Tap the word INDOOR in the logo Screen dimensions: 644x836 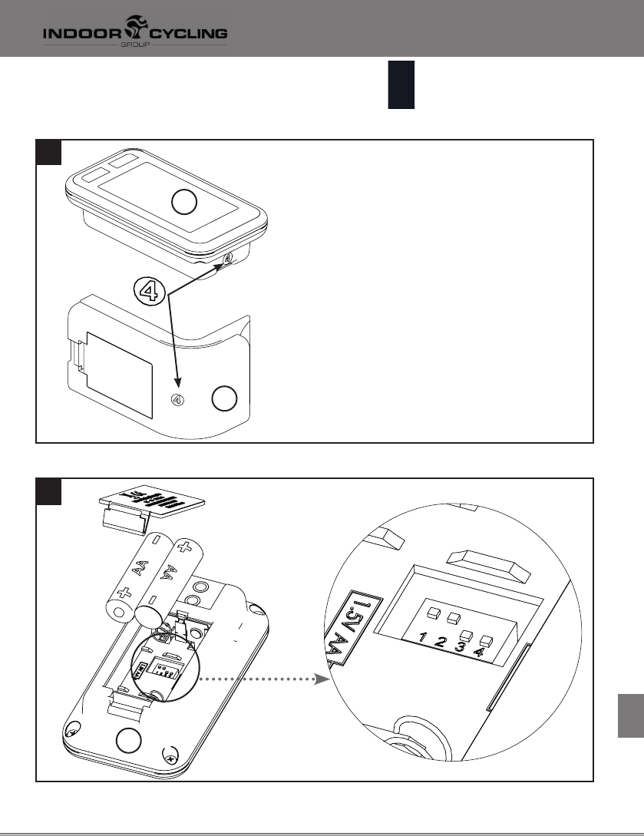[x=78, y=34]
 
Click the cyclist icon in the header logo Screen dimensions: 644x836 [x=138, y=31]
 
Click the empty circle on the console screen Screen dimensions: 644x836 [x=184, y=203]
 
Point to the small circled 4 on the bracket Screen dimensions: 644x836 [x=177, y=399]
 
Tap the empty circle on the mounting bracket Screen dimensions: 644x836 [x=224, y=399]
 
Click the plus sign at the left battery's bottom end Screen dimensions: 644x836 [x=124, y=593]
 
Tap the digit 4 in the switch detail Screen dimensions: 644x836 [x=479, y=654]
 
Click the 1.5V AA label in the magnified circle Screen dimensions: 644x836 [x=344, y=623]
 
